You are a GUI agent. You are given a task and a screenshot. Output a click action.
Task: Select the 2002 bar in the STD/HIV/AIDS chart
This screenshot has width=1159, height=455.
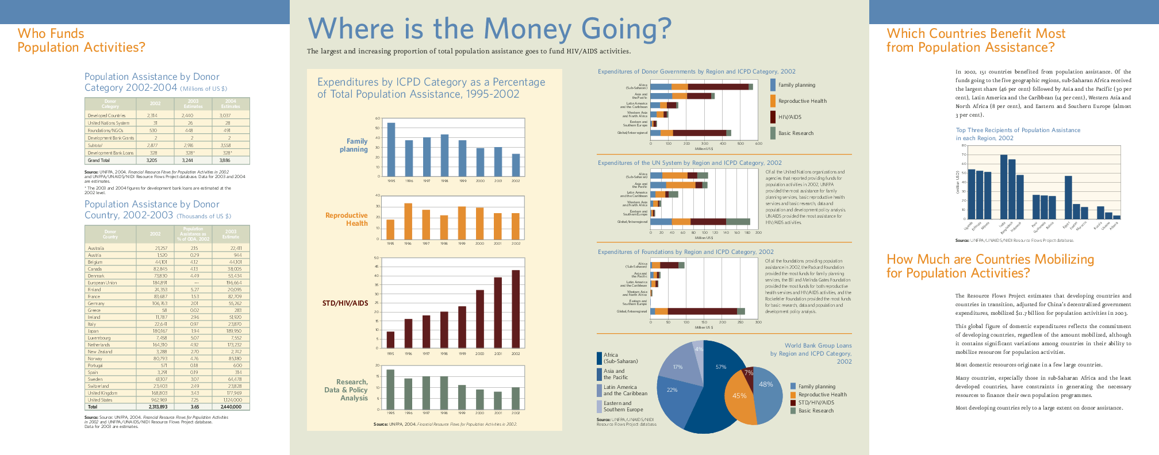pyautogui.click(x=516, y=309)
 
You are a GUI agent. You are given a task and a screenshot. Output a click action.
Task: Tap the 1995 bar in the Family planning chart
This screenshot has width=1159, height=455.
pyautogui.click(x=391, y=149)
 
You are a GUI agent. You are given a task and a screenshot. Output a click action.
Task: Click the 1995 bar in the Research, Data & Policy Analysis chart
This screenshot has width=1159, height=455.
pyautogui.click(x=390, y=390)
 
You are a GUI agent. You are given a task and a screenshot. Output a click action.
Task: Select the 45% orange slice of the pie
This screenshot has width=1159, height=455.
pyautogui.click(x=739, y=396)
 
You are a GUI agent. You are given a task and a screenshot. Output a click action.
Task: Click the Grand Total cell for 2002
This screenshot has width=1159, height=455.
pyautogui.click(x=151, y=160)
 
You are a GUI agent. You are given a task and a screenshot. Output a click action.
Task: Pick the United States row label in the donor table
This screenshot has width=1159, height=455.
pyautogui.click(x=100, y=400)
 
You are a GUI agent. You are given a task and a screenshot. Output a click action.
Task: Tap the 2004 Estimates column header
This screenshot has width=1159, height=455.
pyautogui.click(x=230, y=104)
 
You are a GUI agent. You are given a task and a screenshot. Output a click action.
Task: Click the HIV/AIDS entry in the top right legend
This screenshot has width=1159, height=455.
pyautogui.click(x=789, y=117)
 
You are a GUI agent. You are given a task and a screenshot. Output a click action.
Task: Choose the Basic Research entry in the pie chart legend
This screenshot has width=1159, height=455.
pyautogui.click(x=815, y=411)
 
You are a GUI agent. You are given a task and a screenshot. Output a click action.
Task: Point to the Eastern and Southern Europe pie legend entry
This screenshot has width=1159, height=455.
pyautogui.click(x=623, y=406)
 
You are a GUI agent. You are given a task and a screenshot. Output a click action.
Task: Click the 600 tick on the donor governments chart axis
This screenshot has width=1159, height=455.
pyautogui.click(x=758, y=144)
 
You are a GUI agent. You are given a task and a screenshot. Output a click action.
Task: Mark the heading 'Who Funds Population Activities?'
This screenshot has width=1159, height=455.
pyautogui.click(x=81, y=40)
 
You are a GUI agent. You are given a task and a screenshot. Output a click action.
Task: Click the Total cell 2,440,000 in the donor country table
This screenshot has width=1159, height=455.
pyautogui.click(x=231, y=407)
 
